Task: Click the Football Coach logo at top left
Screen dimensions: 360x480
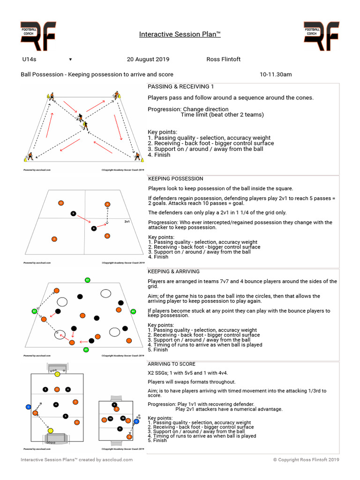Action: click(x=38, y=36)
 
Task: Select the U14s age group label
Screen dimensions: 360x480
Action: click(x=29, y=60)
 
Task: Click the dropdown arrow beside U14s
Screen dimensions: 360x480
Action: click(x=70, y=60)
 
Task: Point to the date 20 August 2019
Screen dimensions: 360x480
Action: click(x=148, y=60)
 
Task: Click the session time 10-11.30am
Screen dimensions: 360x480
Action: click(x=276, y=75)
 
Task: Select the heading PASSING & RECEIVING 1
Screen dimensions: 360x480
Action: click(x=181, y=87)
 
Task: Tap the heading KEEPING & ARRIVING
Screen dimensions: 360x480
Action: click(x=173, y=271)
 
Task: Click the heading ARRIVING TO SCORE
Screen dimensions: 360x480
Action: click(x=172, y=364)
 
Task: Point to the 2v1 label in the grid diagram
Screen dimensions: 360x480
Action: click(x=127, y=221)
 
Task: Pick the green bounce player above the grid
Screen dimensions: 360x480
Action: click(x=87, y=280)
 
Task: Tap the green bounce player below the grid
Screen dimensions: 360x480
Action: click(x=86, y=350)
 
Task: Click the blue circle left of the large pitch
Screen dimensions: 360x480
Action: click(x=28, y=406)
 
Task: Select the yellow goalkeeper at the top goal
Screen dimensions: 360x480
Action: click(x=57, y=374)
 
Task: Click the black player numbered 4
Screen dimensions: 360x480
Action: click(x=56, y=404)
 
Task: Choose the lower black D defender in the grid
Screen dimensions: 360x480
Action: click(x=94, y=228)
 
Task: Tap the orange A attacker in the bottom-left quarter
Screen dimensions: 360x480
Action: click(x=54, y=239)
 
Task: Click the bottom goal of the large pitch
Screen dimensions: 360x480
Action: click(x=57, y=438)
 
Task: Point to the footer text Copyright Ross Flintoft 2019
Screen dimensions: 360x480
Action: click(x=306, y=460)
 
